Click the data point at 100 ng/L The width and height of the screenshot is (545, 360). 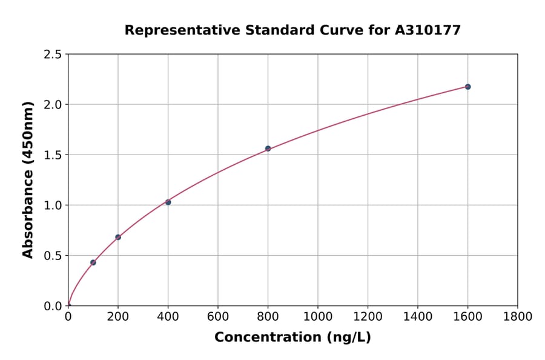point(93,262)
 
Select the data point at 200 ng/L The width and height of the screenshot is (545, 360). point(118,237)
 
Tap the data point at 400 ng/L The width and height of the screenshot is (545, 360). point(168,202)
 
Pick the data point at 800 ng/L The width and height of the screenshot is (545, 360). point(268,148)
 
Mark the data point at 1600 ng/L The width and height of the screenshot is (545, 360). point(467,87)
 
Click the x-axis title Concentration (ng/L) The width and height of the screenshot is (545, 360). point(292,337)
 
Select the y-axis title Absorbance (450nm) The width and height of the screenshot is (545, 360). point(28,180)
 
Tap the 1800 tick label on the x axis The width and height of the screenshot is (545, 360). point(517,317)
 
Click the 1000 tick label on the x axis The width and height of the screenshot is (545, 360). point(317,317)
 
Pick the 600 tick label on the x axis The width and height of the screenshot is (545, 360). point(218,317)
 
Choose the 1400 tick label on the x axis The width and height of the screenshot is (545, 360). point(417,317)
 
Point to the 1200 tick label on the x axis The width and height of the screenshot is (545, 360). point(368,317)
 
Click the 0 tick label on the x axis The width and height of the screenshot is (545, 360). point(68,317)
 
